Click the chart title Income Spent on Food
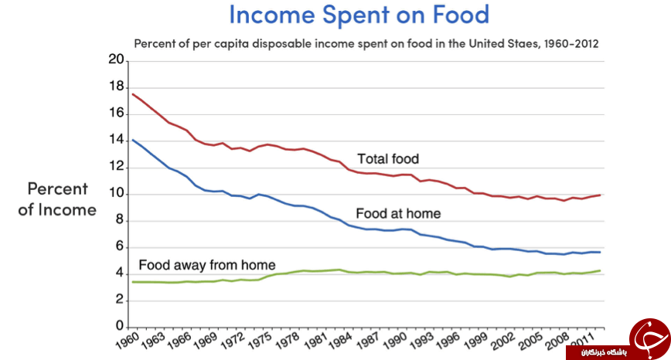[359, 14]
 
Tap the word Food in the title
[461, 14]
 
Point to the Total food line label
[388, 159]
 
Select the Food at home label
[398, 213]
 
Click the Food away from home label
[207, 265]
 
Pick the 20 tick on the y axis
[116, 59]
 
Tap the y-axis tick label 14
[116, 140]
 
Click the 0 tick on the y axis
[120, 326]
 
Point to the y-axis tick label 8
[119, 219]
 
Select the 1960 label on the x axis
[128, 341]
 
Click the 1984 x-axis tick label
[341, 341]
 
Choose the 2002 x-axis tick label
[502, 341]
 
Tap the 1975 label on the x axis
[261, 341]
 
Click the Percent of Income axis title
[57, 199]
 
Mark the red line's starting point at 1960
[133, 94]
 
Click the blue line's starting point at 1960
[133, 140]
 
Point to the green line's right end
[600, 270]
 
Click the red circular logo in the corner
[649, 339]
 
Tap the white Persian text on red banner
[604, 353]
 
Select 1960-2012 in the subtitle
[571, 43]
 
